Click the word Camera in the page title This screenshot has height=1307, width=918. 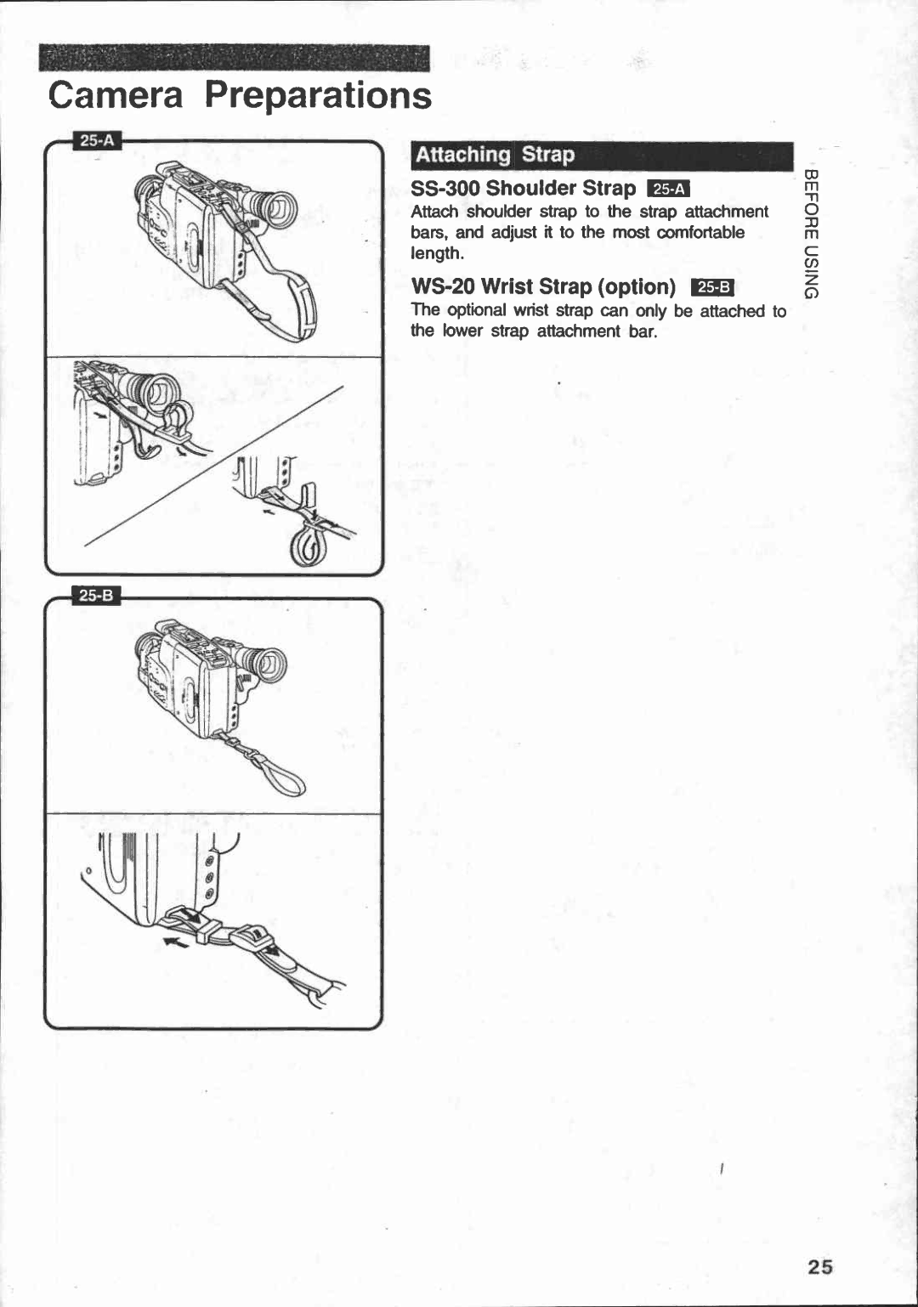(116, 95)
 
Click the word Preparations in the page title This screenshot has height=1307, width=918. (318, 95)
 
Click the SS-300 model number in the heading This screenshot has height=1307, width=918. (445, 188)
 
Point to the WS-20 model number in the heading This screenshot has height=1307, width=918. (442, 286)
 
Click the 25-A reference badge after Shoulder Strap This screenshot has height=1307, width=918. (668, 189)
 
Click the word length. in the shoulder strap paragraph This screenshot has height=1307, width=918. (437, 253)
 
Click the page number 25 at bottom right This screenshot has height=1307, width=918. (820, 1266)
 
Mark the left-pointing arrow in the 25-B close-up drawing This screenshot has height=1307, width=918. (177, 942)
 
